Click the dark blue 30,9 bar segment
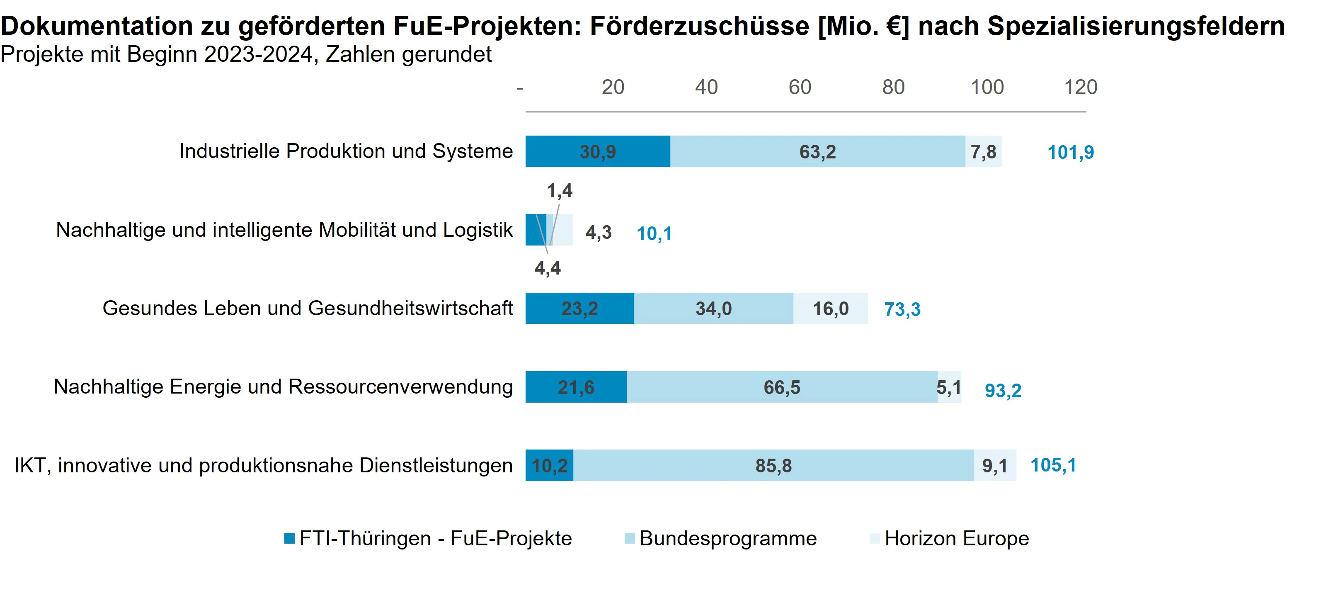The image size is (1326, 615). pyautogui.click(x=597, y=151)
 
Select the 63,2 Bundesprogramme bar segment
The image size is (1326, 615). pyautogui.click(x=817, y=151)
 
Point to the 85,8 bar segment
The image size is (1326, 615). pyautogui.click(x=773, y=466)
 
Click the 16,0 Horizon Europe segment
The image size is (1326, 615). pyautogui.click(x=830, y=309)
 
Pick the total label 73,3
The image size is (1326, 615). pyautogui.click(x=902, y=309)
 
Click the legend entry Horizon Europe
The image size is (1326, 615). pyautogui.click(x=956, y=538)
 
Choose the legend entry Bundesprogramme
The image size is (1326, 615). pyautogui.click(x=727, y=538)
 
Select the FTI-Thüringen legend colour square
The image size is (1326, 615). pyautogui.click(x=289, y=539)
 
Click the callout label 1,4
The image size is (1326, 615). pyautogui.click(x=559, y=191)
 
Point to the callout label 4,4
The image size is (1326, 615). pyautogui.click(x=547, y=268)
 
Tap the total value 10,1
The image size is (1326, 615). pyautogui.click(x=654, y=234)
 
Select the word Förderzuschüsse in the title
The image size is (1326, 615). pyautogui.click(x=699, y=26)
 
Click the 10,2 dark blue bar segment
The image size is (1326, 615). pyautogui.click(x=549, y=466)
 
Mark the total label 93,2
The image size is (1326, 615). pyautogui.click(x=1002, y=390)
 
